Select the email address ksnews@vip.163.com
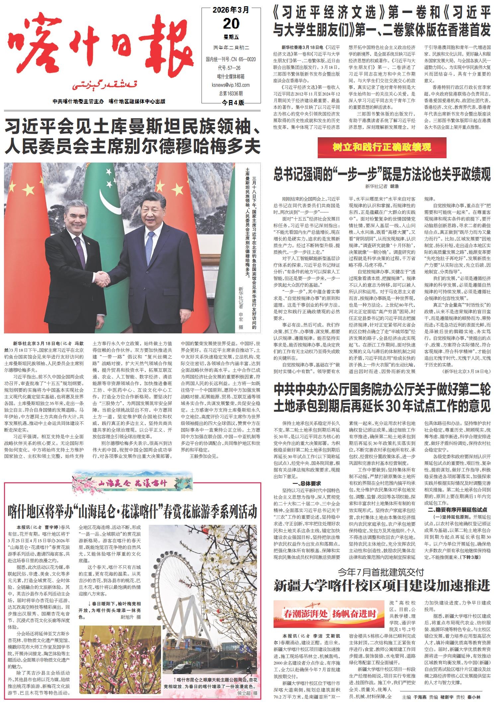pyautogui.click(x=231, y=85)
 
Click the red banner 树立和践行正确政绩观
pyautogui.click(x=382, y=147)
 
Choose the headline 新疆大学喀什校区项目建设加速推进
pyautogui.click(x=382, y=585)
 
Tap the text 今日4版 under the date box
pyautogui.click(x=233, y=103)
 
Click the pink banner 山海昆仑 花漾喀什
pyautogui.click(x=133, y=483)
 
